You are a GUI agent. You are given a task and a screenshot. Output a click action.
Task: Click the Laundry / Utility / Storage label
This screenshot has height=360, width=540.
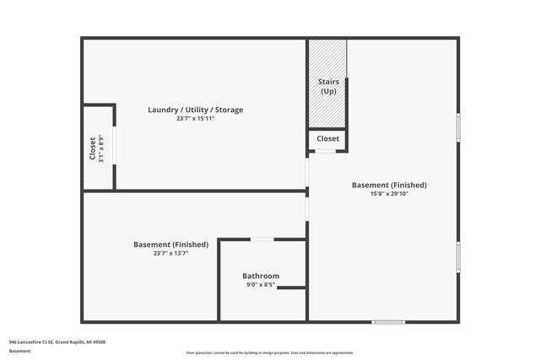(195, 110)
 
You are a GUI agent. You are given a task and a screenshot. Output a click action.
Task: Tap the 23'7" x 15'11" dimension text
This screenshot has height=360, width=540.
(195, 119)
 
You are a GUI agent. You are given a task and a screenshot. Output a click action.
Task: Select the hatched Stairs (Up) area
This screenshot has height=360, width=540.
(327, 84)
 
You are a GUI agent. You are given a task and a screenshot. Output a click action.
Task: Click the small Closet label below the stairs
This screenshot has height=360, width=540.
(327, 138)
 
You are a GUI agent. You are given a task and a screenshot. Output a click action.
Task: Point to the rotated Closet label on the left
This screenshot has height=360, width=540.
(92, 148)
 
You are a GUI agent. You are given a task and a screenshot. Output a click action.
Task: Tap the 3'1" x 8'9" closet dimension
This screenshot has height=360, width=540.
(100, 148)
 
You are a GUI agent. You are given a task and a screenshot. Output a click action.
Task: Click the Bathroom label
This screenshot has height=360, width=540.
(261, 276)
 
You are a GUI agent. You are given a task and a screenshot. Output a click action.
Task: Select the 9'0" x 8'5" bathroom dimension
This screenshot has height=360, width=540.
(261, 285)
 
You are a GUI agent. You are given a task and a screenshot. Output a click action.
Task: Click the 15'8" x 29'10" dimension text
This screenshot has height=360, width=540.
(389, 194)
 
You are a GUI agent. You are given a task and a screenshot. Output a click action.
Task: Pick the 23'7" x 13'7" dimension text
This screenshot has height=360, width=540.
(170, 253)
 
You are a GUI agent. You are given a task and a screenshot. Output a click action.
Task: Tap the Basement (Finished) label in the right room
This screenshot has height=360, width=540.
(389, 185)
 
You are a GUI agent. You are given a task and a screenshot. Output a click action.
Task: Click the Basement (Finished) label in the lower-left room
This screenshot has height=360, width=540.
(170, 244)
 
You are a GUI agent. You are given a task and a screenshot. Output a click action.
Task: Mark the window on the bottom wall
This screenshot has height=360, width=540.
(388, 321)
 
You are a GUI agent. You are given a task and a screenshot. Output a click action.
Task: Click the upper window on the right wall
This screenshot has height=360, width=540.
(458, 126)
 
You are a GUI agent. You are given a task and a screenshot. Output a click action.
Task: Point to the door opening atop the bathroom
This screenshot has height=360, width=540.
(262, 239)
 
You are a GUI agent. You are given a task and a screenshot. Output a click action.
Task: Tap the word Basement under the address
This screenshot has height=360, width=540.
(19, 351)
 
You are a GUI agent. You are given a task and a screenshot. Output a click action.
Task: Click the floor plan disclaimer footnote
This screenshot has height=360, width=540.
(270, 353)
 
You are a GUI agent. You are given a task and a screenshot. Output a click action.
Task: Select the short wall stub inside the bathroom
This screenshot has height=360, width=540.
(291, 288)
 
